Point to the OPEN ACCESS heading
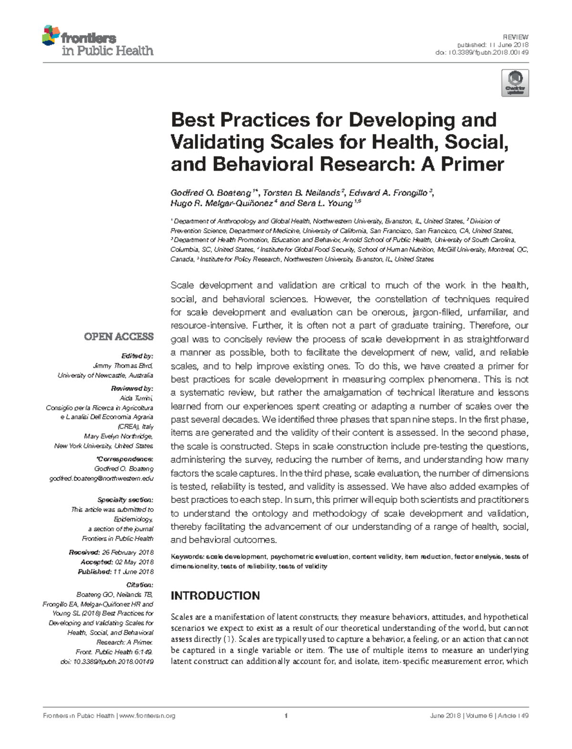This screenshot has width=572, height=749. [x=119, y=337]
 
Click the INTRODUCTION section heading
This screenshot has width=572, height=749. [x=215, y=595]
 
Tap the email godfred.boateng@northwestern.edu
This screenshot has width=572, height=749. [x=102, y=478]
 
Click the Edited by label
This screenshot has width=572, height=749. [x=137, y=356]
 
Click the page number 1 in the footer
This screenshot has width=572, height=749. [x=286, y=716]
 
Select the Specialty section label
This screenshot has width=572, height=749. [x=125, y=500]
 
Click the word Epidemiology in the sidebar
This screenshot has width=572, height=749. [x=133, y=519]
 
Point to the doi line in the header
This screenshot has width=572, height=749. [x=482, y=52]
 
